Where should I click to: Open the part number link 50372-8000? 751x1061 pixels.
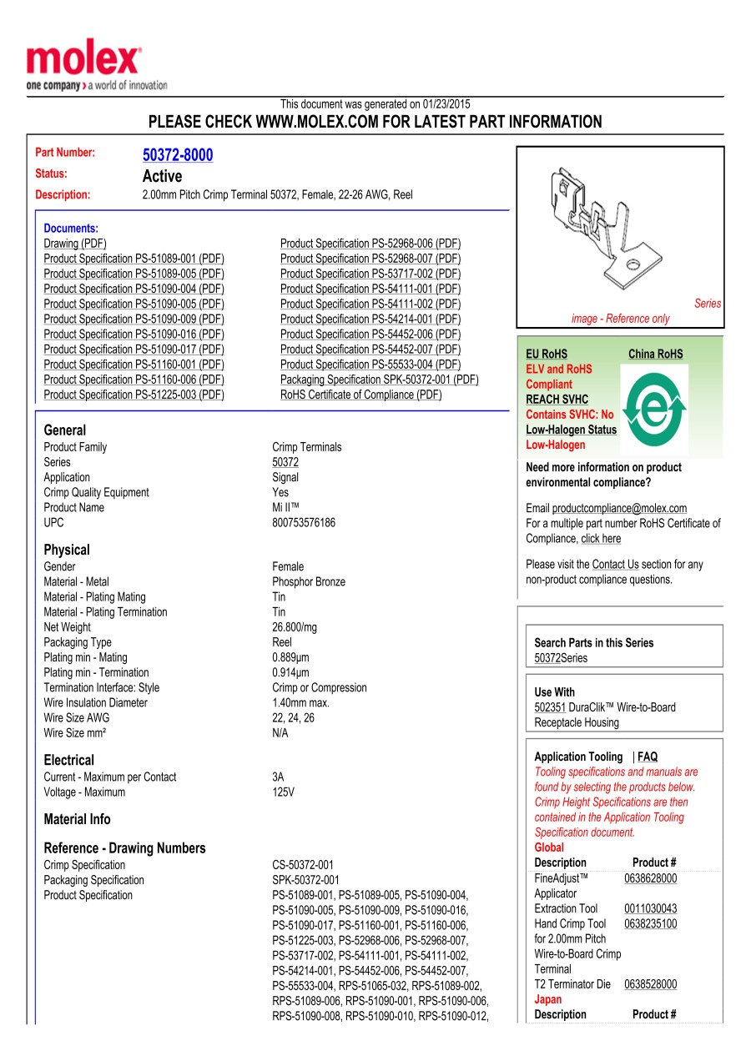point(178,155)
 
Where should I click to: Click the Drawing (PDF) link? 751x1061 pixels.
point(75,244)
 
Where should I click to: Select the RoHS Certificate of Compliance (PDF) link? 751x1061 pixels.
point(361,395)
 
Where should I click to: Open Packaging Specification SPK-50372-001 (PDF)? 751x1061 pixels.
point(380,380)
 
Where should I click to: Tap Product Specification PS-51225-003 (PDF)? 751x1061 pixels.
point(134,395)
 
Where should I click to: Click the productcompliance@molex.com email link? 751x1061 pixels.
point(619,509)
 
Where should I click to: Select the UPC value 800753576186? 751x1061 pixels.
point(304,523)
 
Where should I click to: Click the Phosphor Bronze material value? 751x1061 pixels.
point(309,582)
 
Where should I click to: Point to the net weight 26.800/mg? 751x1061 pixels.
point(295,627)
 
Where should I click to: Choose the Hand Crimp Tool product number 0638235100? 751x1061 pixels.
point(651,924)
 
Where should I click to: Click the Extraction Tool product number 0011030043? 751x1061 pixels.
point(651,909)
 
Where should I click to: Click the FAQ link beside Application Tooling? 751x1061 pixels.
point(648,757)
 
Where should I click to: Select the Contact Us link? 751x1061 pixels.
point(615,565)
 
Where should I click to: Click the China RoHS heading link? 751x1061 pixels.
point(655,355)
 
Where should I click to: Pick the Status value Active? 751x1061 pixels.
point(162,176)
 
